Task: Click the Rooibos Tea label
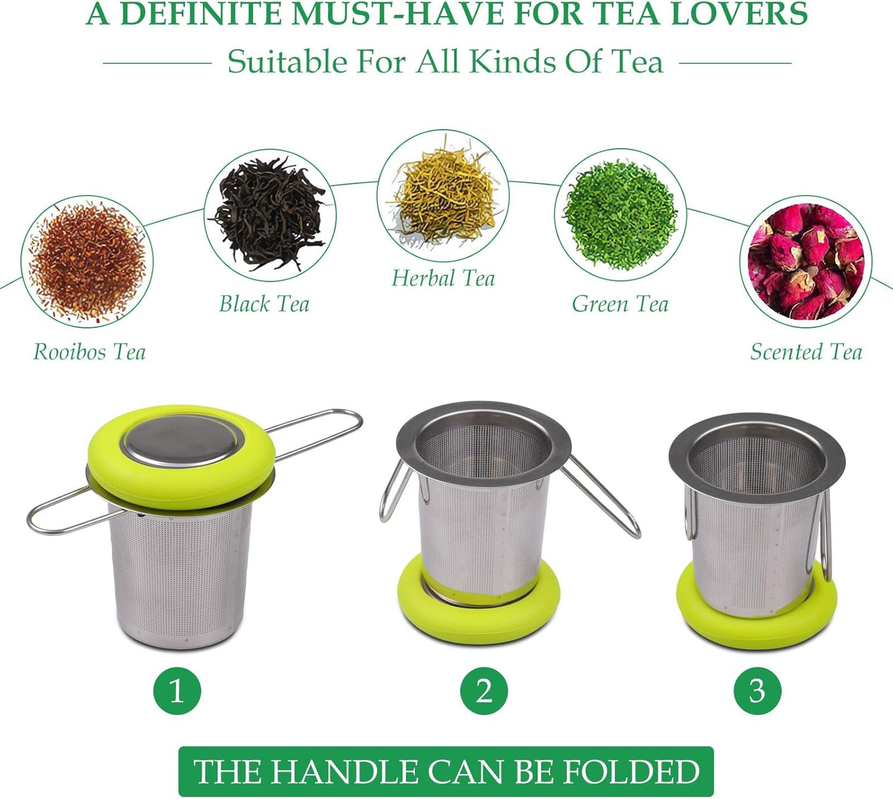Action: [x=89, y=352]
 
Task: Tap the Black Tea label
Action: [x=264, y=304]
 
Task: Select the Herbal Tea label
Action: [x=443, y=278]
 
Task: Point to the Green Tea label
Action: [x=620, y=304]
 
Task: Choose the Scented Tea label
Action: [x=806, y=352]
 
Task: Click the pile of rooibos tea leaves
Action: [x=87, y=262]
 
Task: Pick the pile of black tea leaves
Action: [x=270, y=214]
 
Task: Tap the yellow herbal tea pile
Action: [x=443, y=195]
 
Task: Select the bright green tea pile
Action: [x=620, y=214]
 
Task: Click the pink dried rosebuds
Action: [x=806, y=262]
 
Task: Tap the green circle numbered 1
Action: [x=177, y=690]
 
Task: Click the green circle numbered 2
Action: [x=484, y=690]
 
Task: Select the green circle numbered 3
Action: [x=757, y=690]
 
